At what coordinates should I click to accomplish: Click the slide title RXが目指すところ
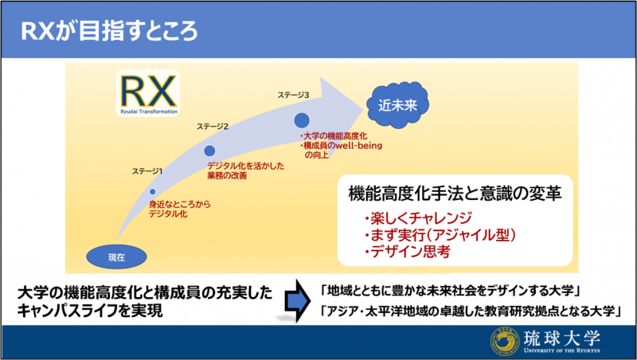109,32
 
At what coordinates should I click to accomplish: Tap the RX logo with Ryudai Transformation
148,93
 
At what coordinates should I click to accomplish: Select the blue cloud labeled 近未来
397,106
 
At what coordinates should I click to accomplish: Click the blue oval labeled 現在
116,256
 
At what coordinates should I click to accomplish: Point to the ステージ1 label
147,171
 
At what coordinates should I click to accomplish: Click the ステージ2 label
213,127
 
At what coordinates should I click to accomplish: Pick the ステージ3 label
293,95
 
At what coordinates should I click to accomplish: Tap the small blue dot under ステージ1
153,192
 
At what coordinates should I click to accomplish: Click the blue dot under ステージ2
209,151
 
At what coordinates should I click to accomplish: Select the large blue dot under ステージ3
302,121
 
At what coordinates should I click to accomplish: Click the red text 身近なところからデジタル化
180,209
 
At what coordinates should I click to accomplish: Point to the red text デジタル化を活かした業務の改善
245,170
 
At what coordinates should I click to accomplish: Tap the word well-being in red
358,146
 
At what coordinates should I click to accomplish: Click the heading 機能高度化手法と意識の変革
455,194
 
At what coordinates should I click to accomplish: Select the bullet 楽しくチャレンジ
418,218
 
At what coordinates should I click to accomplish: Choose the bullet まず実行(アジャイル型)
440,235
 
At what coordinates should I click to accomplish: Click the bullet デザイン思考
407,252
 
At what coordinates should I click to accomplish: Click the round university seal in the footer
505,342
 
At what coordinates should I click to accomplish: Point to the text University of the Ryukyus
562,350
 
